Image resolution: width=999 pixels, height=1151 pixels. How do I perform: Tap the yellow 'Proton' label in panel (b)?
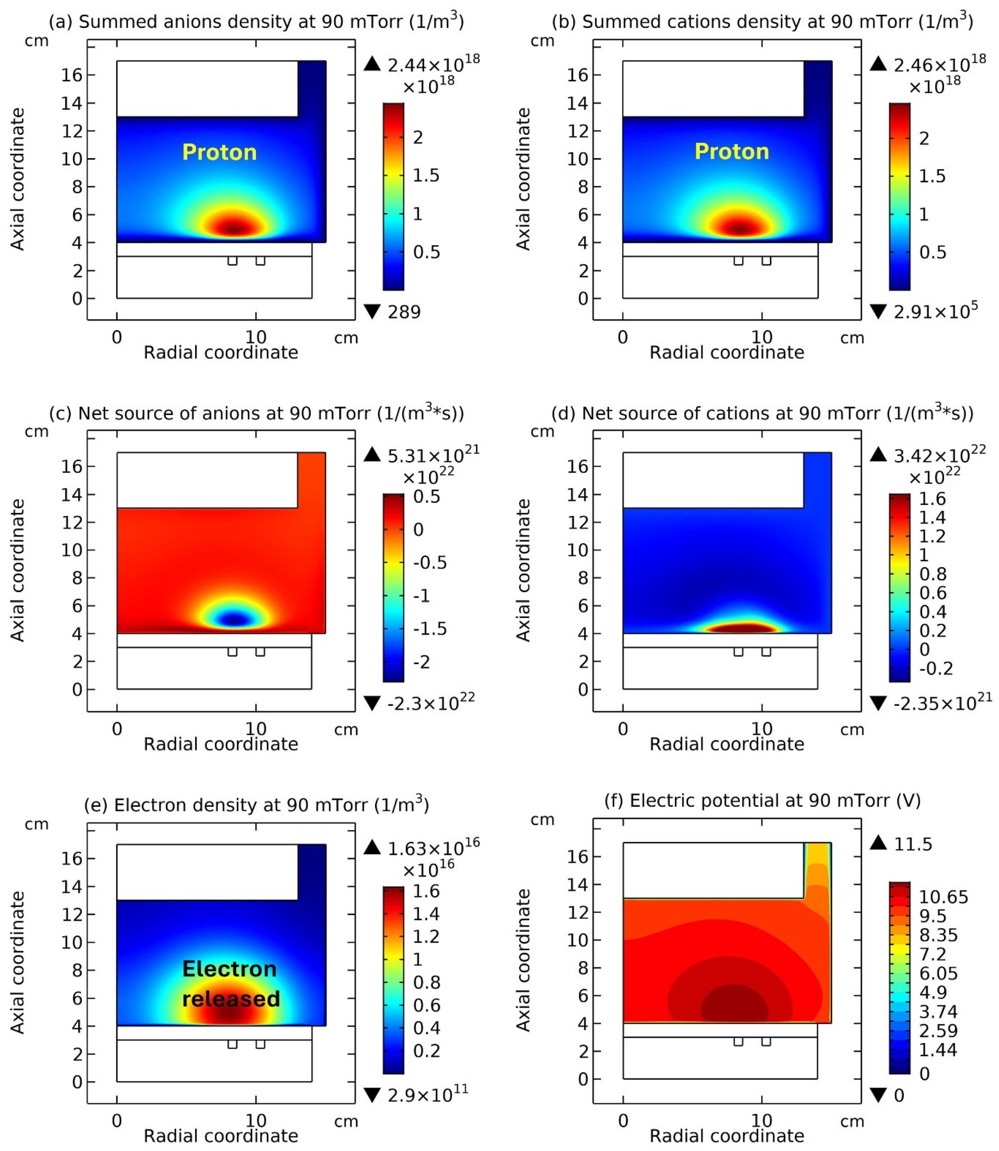[x=732, y=152]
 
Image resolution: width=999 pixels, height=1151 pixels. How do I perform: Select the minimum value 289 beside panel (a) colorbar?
[x=404, y=312]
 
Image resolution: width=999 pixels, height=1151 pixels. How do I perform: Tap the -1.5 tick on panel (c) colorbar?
[x=429, y=629]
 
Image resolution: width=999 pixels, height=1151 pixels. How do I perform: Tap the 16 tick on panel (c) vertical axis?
[x=71, y=467]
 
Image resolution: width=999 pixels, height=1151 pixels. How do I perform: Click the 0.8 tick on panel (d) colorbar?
[x=932, y=574]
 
